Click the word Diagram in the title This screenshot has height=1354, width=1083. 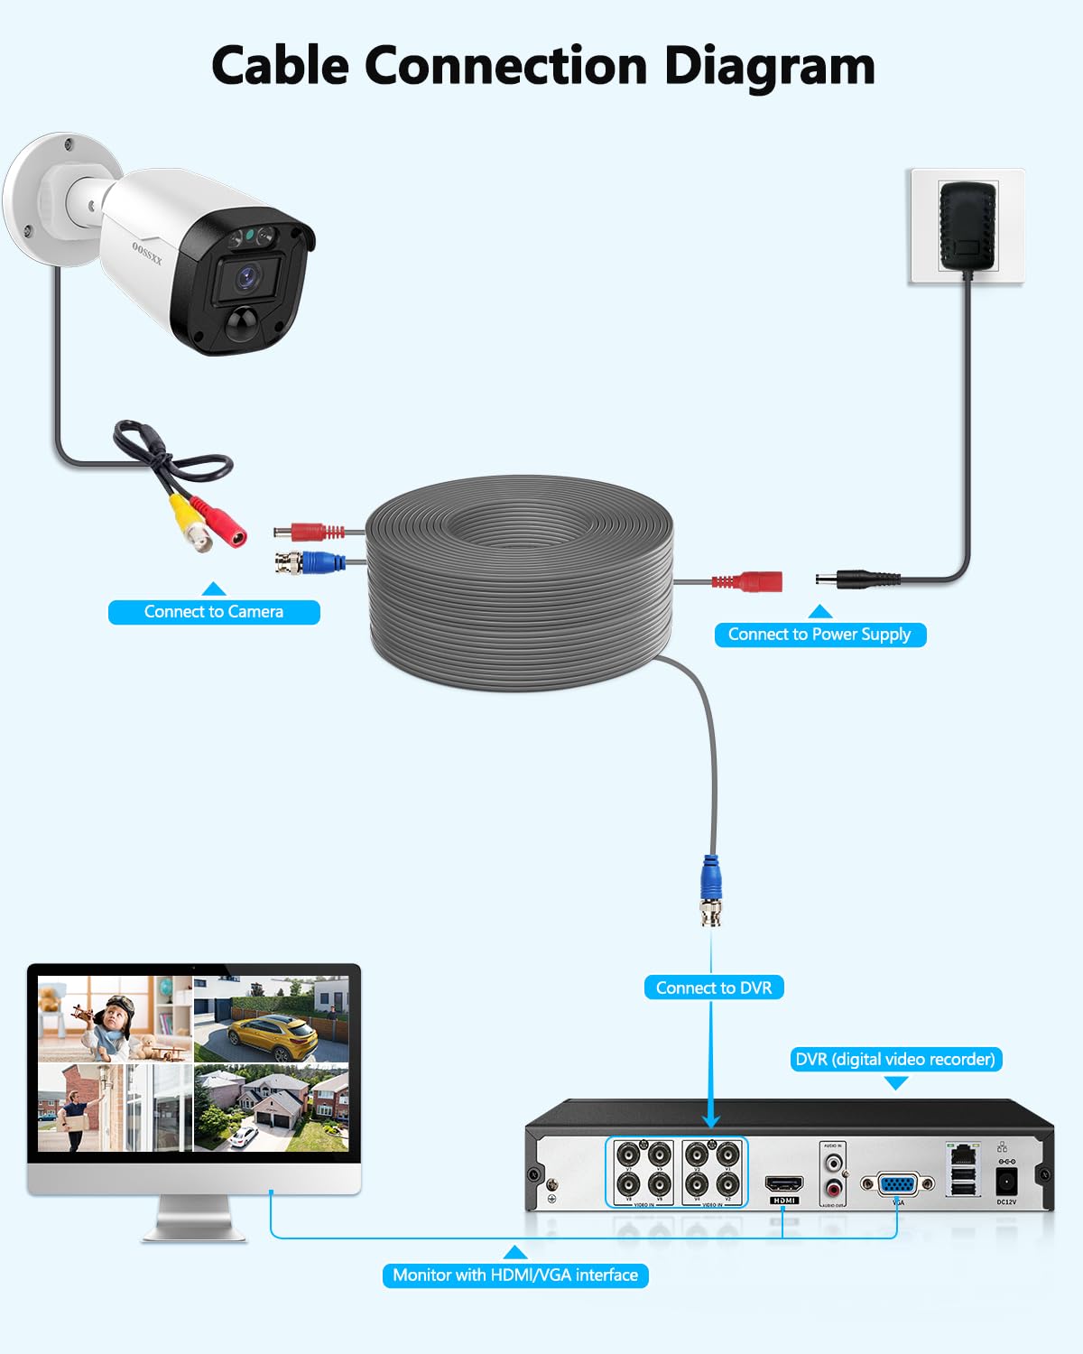click(769, 67)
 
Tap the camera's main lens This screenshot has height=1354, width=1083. click(247, 277)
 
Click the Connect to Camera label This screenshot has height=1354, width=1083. click(214, 612)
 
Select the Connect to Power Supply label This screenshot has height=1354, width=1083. click(819, 635)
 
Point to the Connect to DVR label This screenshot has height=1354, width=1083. click(713, 988)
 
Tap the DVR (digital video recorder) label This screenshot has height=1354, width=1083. click(895, 1059)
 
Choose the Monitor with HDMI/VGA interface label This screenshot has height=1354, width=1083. click(515, 1275)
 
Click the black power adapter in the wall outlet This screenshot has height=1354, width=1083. click(967, 226)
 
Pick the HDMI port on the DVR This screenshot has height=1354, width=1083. click(783, 1183)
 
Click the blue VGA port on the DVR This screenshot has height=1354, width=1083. click(897, 1184)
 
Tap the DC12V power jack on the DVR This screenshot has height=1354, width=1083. click(1005, 1179)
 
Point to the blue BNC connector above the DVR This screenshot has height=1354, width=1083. click(711, 889)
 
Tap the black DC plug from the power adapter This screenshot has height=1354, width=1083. click(857, 580)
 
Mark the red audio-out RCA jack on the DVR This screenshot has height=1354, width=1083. click(834, 1190)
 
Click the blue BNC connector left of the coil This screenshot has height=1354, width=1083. click(311, 563)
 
